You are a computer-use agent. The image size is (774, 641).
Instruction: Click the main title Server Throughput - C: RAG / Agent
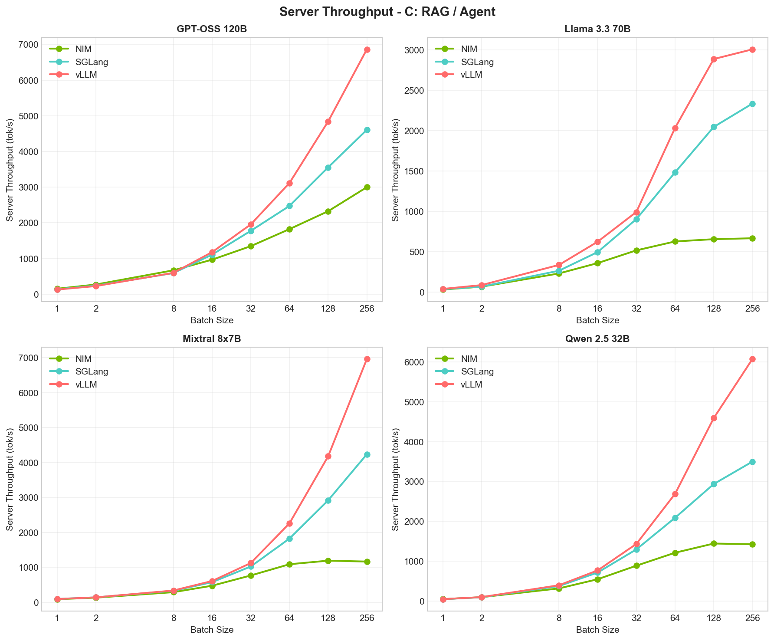pyautogui.click(x=387, y=12)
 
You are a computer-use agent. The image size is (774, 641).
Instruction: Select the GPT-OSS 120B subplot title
pyautogui.click(x=211, y=30)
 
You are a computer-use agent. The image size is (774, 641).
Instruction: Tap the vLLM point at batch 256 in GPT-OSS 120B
pyautogui.click(x=367, y=50)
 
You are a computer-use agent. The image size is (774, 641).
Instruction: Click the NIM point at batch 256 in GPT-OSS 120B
pyautogui.click(x=367, y=187)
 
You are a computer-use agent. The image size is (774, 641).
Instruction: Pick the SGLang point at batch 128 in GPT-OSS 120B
pyautogui.click(x=328, y=168)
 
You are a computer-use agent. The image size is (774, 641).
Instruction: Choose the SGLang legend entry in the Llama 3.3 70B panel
pyautogui.click(x=477, y=62)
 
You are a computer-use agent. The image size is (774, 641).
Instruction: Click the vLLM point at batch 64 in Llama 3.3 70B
pyautogui.click(x=675, y=128)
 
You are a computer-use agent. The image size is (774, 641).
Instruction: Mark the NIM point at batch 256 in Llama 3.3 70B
pyautogui.click(x=752, y=238)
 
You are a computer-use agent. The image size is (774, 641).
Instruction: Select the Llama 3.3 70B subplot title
pyautogui.click(x=597, y=30)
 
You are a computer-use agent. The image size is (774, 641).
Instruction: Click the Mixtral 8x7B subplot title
pyautogui.click(x=211, y=339)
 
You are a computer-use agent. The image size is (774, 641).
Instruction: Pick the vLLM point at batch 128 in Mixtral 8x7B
pyautogui.click(x=328, y=456)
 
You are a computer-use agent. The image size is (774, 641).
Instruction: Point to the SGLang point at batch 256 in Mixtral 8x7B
pyautogui.click(x=367, y=454)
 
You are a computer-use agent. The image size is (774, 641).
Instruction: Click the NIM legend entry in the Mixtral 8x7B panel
pyautogui.click(x=83, y=359)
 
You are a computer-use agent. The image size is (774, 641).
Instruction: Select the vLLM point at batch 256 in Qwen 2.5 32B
pyautogui.click(x=752, y=359)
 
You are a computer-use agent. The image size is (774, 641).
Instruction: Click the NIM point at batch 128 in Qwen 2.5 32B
pyautogui.click(x=714, y=543)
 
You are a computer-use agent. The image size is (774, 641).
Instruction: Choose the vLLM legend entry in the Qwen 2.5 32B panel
pyautogui.click(x=471, y=385)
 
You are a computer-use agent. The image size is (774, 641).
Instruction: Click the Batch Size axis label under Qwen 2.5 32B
pyautogui.click(x=597, y=630)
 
